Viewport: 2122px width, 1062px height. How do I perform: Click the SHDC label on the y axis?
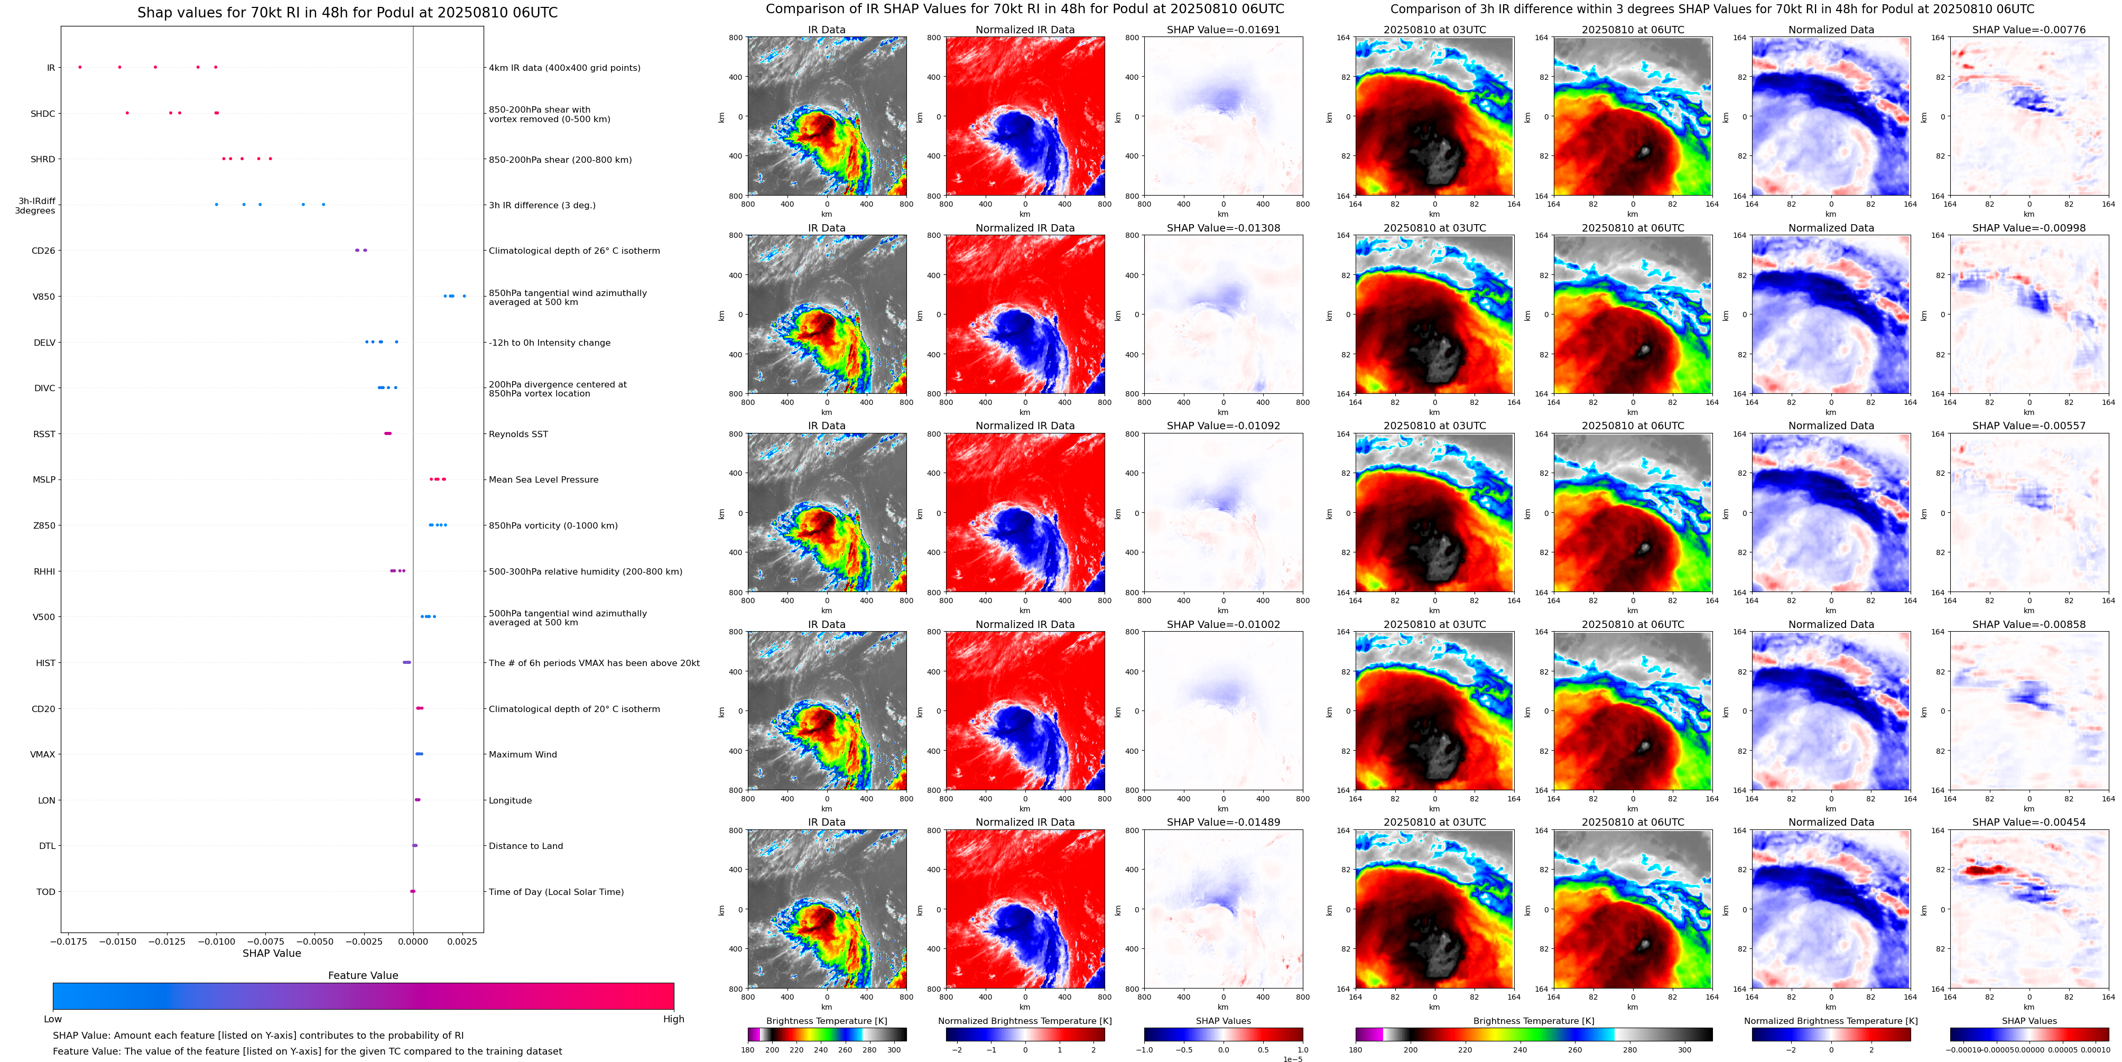[x=43, y=114]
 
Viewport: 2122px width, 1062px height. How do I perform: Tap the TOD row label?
[x=45, y=891]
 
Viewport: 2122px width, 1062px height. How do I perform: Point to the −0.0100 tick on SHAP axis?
[x=216, y=941]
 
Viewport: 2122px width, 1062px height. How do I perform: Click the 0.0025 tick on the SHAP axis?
[x=462, y=941]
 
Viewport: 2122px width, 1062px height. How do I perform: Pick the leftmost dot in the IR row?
[x=80, y=67]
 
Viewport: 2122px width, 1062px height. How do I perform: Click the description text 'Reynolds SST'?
[x=518, y=434]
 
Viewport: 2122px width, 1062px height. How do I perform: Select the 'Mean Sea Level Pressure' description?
[x=544, y=479]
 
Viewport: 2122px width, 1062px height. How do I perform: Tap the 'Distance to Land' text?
[x=525, y=846]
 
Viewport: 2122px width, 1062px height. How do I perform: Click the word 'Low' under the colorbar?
[x=53, y=1019]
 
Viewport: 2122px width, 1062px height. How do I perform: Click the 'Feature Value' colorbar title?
[x=363, y=975]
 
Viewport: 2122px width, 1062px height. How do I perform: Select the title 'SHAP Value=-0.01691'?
[x=1224, y=30]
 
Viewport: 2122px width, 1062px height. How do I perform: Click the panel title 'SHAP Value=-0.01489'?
[x=1224, y=822]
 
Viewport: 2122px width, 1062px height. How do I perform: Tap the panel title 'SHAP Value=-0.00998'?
[x=2029, y=228]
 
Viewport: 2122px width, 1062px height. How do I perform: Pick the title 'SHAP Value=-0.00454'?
[x=2029, y=822]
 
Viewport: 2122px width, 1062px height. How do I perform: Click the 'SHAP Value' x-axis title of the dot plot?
[x=272, y=953]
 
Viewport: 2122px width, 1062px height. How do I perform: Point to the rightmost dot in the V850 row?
[x=465, y=296]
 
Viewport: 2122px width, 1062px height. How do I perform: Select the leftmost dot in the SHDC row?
[x=127, y=113]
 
